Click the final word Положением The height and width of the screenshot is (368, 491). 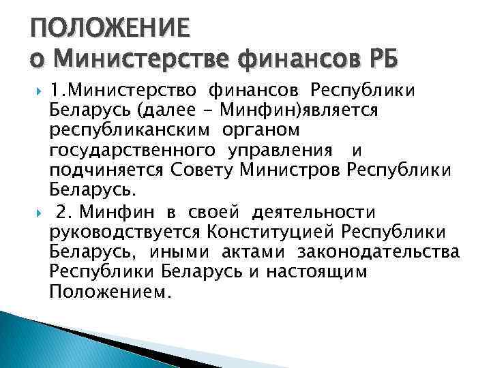click(x=107, y=292)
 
